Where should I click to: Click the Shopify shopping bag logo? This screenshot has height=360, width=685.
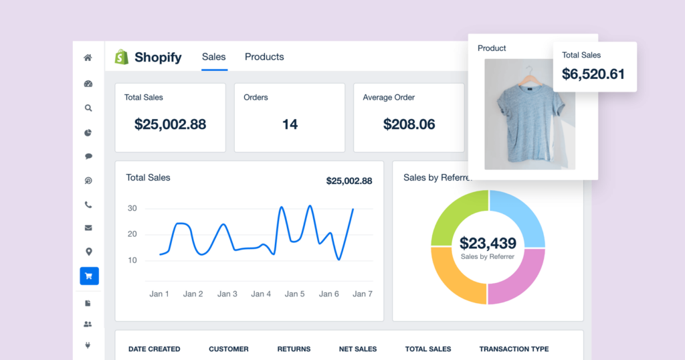click(121, 57)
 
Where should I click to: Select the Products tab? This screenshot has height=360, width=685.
click(264, 57)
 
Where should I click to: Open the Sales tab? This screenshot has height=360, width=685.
click(214, 57)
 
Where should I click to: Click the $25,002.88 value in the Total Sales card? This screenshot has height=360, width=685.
click(170, 124)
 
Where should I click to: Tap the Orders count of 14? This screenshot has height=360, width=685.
click(290, 124)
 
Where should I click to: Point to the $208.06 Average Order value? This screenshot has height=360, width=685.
click(409, 124)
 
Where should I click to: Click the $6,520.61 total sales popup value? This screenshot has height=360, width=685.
click(593, 74)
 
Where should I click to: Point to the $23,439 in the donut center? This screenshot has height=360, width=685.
click(488, 243)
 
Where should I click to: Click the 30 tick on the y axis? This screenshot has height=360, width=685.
click(132, 208)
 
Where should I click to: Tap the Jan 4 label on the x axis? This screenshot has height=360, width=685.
click(261, 294)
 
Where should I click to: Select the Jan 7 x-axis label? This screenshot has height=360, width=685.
click(363, 294)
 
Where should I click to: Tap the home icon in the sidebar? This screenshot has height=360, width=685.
click(88, 58)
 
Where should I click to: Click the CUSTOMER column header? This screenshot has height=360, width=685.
click(228, 349)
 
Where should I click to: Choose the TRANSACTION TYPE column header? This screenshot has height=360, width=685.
click(514, 349)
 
